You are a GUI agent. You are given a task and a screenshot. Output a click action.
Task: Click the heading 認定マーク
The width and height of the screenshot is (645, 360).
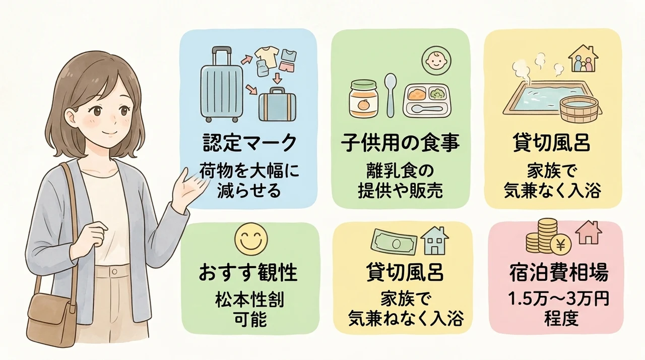(x=249, y=143)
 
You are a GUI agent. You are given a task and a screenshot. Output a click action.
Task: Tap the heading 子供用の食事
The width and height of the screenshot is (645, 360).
(x=400, y=143)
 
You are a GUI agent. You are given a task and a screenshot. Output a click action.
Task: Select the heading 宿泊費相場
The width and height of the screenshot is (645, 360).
(x=559, y=273)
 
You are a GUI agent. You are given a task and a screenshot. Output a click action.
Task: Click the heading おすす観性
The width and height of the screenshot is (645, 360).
(x=248, y=273)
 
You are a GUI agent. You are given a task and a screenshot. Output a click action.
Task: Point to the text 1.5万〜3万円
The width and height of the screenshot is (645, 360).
(x=559, y=299)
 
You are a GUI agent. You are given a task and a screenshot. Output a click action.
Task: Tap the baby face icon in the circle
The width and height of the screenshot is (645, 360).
(x=436, y=61)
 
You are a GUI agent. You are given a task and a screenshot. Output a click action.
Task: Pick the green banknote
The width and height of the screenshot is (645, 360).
(x=394, y=244)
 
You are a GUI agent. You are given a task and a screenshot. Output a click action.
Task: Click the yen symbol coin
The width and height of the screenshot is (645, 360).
(x=560, y=246)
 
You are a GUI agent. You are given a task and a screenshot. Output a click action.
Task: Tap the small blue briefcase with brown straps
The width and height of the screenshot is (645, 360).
(x=277, y=104)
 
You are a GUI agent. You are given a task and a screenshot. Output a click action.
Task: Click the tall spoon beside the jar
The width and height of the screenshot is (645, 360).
(x=391, y=95)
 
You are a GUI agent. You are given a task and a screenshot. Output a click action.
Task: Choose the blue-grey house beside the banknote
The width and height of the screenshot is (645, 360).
(x=434, y=241)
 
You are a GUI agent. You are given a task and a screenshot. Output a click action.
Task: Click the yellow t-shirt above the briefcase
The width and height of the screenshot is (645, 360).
(x=267, y=56)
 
